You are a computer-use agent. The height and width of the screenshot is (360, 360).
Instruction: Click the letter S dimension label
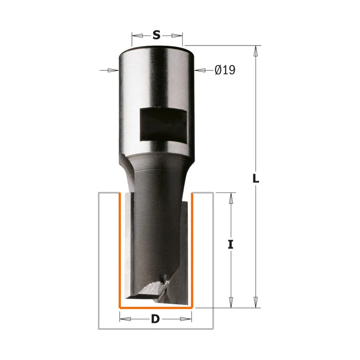[x=156, y=35]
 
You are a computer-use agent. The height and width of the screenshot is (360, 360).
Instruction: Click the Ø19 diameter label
[x=225, y=70]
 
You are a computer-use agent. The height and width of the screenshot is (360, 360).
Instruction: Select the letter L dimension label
[x=256, y=179]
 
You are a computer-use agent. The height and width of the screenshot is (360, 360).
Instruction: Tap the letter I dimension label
[x=230, y=244]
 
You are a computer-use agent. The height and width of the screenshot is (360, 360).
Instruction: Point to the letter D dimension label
[x=156, y=319]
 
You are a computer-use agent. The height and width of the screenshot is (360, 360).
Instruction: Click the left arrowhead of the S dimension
[x=137, y=36]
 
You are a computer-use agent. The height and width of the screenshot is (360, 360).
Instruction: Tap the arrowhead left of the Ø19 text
[x=200, y=70]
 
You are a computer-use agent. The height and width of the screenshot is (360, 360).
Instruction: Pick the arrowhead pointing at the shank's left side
[x=113, y=70]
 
